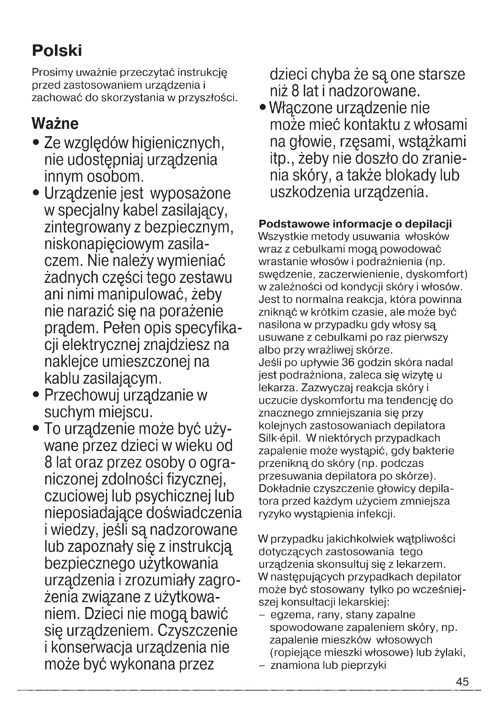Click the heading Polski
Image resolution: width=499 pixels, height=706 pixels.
pos(57,51)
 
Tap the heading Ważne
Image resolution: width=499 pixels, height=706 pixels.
pos(55,124)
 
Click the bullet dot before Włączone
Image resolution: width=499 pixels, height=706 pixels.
pos(262,108)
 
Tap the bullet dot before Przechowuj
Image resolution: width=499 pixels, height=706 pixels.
pos(37,395)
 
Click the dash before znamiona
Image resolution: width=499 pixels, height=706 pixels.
pos(262,666)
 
